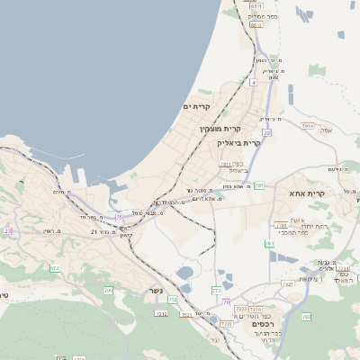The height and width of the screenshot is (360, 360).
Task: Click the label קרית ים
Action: pos(195,107)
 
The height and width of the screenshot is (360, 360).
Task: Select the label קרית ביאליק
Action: pos(238,142)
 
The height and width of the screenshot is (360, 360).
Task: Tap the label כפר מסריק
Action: pos(257,16)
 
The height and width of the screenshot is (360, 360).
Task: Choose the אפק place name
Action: pos(325,130)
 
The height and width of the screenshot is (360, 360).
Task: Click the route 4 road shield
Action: pos(254,82)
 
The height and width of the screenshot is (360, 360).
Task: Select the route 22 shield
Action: pos(267,132)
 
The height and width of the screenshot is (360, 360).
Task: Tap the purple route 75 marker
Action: pos(118,217)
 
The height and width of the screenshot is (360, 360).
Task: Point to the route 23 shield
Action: pos(8,231)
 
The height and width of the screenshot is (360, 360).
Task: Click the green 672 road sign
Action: pos(54,267)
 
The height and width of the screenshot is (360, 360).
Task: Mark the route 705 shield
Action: pos(108,290)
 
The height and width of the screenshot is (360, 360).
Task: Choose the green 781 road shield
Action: pos(258,185)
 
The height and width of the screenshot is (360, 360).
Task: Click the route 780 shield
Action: pos(268,243)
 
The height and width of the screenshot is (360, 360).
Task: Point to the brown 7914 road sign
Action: pos(307,126)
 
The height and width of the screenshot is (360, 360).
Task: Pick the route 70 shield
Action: pos(227,301)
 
